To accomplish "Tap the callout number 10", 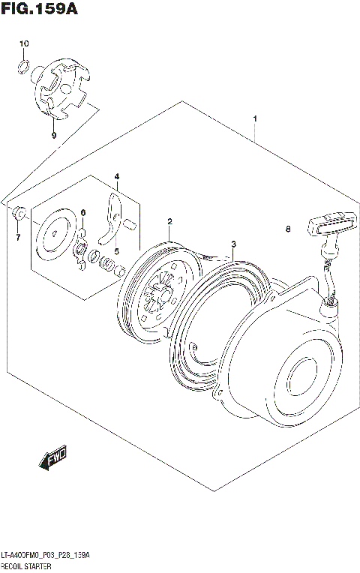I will pyautogui.click(x=23, y=44).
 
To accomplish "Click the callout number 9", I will pyautogui.click(x=54, y=136).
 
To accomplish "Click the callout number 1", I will pyautogui.click(x=255, y=119).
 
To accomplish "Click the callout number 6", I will pyautogui.click(x=84, y=212).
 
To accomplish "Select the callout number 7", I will pyautogui.click(x=18, y=238).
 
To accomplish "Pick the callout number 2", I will pyautogui.click(x=170, y=221).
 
